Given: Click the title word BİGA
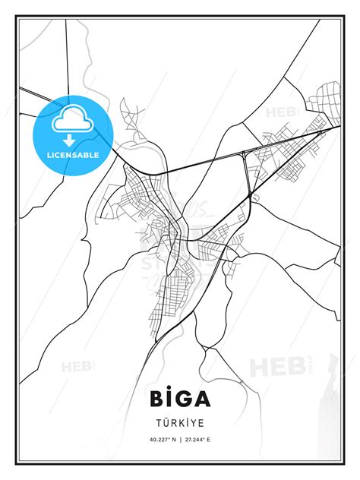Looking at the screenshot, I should pos(179,399).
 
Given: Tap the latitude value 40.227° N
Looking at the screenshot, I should pos(161,439).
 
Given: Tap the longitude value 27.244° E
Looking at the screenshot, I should pos(199,439).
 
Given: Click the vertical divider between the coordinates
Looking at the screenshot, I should pos(180,439).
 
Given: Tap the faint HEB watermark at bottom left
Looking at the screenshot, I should pos(78,366).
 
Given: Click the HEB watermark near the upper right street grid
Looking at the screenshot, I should pos(279,113).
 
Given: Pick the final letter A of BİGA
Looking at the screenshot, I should pos(203,399).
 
